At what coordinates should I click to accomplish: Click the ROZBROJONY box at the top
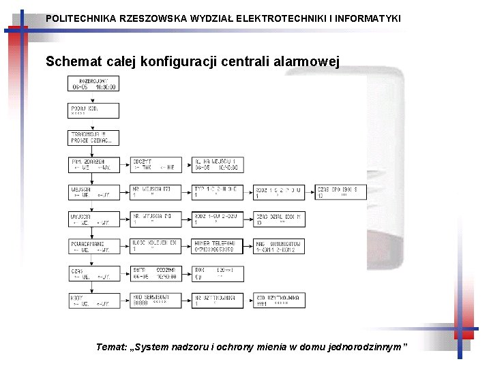point(93,84)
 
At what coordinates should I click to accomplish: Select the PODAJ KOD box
point(93,110)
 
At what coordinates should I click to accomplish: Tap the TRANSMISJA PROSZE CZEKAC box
point(93,138)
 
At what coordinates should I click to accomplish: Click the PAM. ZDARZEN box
point(93,165)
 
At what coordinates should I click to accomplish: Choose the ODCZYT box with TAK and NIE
point(155,165)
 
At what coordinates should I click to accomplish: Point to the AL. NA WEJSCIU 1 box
point(218,165)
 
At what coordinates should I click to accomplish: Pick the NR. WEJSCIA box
point(155,192)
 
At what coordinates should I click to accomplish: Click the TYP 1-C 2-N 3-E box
point(218,192)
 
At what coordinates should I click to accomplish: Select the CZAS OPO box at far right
point(341,192)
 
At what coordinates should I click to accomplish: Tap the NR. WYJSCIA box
point(155,219)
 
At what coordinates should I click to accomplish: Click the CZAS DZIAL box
point(279,219)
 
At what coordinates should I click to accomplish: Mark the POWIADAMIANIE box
point(93,246)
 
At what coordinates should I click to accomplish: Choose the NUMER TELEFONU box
point(218,246)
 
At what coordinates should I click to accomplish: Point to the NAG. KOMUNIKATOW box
point(279,246)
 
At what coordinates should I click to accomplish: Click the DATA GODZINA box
point(155,273)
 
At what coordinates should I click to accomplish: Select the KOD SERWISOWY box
point(155,300)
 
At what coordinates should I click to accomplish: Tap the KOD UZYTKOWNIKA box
point(279,300)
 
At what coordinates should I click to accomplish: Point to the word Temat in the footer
point(110,347)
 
